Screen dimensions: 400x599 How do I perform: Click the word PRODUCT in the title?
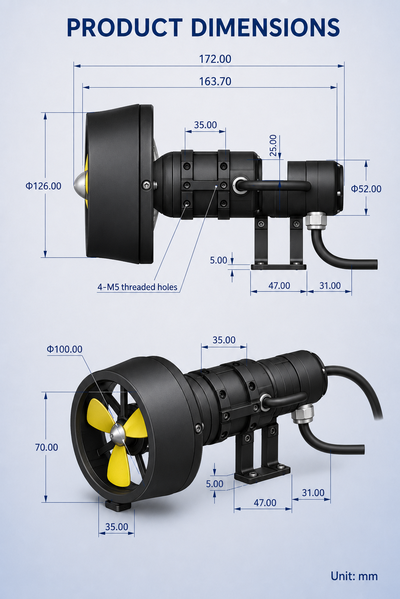pos(125,28)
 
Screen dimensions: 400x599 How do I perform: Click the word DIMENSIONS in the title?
pos(266,28)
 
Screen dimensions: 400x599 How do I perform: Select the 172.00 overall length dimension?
pos(215,59)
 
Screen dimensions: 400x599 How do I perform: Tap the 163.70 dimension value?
pos(215,81)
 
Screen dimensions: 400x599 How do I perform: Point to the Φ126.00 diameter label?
pos(43,186)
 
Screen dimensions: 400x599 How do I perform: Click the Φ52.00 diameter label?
pos(366,189)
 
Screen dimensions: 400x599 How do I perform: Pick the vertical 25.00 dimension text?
pos(273,145)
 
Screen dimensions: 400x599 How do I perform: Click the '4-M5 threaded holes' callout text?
pos(137,287)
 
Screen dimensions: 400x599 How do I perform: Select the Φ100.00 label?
pos(64,349)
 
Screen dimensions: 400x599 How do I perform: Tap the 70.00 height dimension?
pos(46,447)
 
